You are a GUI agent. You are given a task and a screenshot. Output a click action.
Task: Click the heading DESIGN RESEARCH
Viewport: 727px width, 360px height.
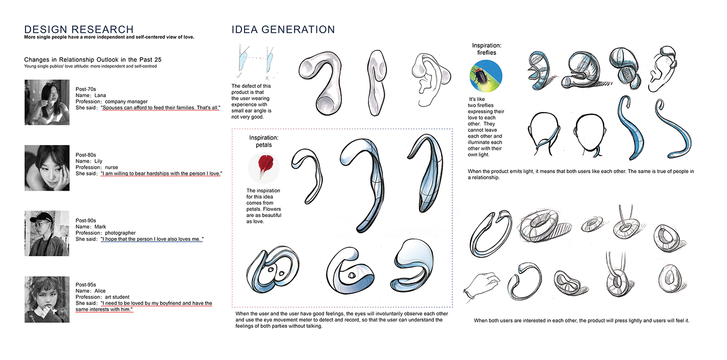79,30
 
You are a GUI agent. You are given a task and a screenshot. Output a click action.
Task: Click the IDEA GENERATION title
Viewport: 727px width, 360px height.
283,30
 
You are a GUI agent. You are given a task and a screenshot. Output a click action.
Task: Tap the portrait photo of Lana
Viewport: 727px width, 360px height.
47,102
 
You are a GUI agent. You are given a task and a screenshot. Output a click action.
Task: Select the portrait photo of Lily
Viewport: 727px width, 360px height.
47,168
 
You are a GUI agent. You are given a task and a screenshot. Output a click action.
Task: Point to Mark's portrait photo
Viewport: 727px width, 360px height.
47,233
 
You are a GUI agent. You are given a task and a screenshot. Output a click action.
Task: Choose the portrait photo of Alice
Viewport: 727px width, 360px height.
47,300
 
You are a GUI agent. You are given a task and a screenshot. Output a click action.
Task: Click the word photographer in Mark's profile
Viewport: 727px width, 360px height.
120,233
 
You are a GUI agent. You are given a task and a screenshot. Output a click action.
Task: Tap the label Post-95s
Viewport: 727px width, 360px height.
86,285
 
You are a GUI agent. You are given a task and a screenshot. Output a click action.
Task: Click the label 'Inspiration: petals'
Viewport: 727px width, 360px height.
264,141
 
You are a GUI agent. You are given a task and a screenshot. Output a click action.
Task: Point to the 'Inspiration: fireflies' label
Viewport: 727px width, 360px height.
487,49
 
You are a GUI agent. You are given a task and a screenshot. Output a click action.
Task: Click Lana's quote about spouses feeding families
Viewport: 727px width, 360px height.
160,108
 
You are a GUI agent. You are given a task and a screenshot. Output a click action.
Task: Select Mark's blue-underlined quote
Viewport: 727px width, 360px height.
152,239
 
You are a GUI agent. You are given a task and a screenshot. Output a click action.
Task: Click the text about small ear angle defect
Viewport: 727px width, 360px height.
251,101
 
